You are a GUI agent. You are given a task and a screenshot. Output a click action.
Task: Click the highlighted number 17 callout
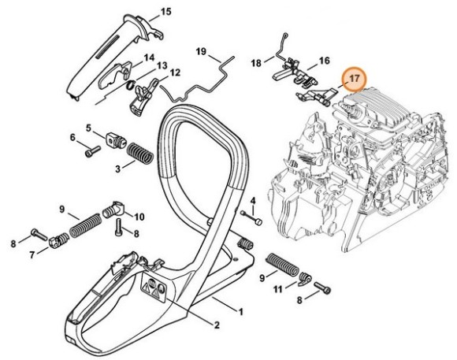[355, 79]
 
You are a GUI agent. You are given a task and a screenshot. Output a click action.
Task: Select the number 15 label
[165, 11]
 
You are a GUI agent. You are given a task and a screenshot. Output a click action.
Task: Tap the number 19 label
[201, 52]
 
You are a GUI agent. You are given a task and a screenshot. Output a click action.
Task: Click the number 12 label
[174, 72]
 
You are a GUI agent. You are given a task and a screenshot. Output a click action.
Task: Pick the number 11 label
[277, 290]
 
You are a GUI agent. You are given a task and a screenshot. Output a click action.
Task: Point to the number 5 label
[89, 127]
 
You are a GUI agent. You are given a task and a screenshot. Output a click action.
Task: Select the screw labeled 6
[91, 142]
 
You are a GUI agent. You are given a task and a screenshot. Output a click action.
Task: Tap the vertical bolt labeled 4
[251, 219]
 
